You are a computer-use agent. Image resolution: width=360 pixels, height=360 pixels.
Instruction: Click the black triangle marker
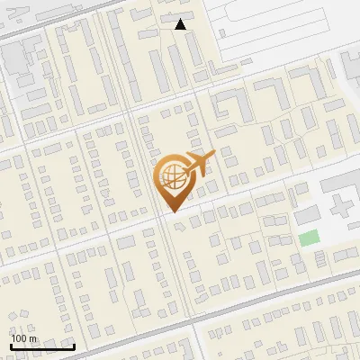tap(181, 25)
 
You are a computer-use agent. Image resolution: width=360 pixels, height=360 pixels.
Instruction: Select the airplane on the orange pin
tap(196, 162)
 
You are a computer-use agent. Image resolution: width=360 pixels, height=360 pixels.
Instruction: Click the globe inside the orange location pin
tap(170, 177)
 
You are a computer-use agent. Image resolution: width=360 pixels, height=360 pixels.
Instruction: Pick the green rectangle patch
tap(309, 238)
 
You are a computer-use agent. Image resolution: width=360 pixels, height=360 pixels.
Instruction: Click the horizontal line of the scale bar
tap(42, 346)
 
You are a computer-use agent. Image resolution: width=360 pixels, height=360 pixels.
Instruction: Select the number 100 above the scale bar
tap(19, 338)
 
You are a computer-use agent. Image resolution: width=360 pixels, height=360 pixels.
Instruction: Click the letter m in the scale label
tap(32, 338)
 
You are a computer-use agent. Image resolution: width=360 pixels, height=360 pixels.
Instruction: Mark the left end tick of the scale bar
tap(12, 345)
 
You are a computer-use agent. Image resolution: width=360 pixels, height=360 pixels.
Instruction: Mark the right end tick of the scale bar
tap(74, 345)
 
